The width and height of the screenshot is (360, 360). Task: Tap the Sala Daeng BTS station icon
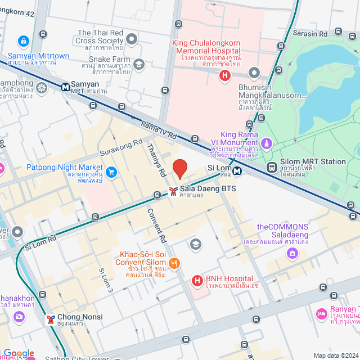click(x=173, y=192)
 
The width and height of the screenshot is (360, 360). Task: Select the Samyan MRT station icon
click(x=66, y=87)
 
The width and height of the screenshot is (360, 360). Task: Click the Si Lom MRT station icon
click(x=238, y=171)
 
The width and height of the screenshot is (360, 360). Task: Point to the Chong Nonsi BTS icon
click(x=51, y=319)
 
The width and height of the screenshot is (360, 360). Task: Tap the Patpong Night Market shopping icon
click(x=111, y=171)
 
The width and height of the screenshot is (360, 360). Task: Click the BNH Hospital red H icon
click(x=197, y=280)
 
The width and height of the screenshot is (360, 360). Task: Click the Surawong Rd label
click(x=121, y=148)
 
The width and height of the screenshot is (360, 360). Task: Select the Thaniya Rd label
click(x=155, y=159)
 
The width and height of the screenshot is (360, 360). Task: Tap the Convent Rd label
click(x=157, y=225)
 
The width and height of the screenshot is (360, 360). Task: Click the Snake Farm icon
click(x=139, y=64)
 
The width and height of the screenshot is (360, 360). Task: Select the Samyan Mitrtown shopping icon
click(x=23, y=42)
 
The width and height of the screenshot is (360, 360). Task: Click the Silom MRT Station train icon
click(x=273, y=166)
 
